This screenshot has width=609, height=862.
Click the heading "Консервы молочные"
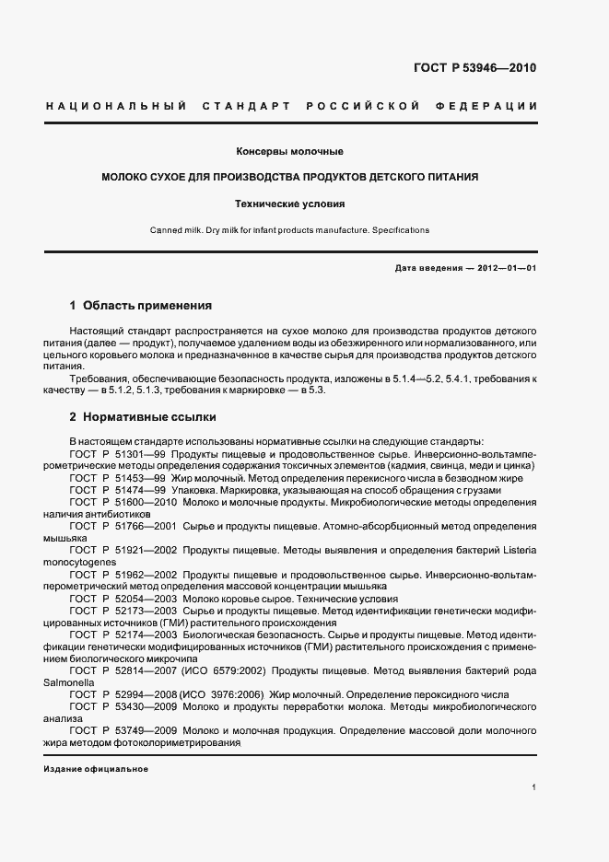[290, 151]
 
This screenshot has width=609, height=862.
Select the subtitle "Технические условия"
[290, 204]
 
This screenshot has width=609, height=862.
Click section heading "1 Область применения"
[141, 305]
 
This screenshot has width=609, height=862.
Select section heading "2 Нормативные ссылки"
[143, 416]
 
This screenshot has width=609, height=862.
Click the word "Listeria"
[517, 550]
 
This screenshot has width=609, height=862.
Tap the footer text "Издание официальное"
[96, 769]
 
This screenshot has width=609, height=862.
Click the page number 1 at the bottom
[534, 787]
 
